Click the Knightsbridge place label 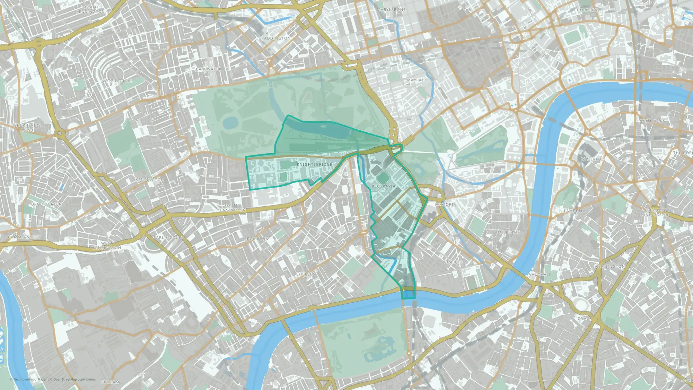(314, 164)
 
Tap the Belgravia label (383, 186)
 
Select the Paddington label (276, 38)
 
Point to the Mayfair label (416, 80)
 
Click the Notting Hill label (117, 81)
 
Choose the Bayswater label (209, 69)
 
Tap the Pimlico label (453, 262)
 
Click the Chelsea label (306, 274)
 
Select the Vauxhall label (540, 275)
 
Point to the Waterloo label (593, 159)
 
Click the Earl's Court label (168, 238)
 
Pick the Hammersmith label (24, 237)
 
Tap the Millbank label (509, 232)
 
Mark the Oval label (583, 319)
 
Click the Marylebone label (391, 10)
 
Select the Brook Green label (46, 205)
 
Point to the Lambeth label (574, 211)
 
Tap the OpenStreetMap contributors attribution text (74, 380)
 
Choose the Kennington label (610, 267)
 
